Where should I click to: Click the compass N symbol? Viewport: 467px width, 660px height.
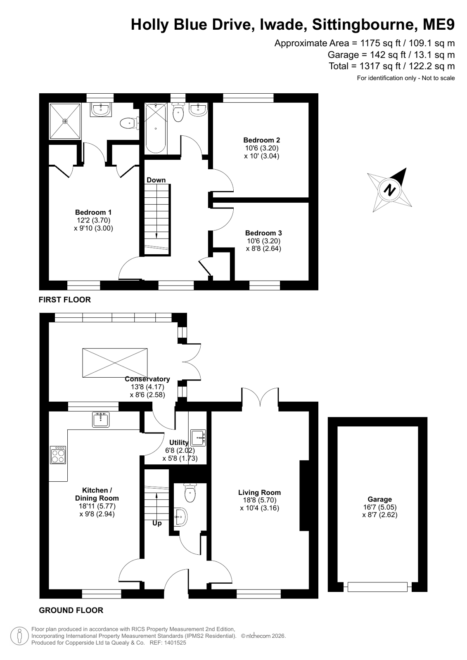click(x=389, y=190)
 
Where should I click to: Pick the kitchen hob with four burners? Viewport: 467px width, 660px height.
click(x=58, y=455)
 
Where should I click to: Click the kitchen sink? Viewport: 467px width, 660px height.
click(x=101, y=420)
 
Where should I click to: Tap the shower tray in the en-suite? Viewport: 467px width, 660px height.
click(x=64, y=121)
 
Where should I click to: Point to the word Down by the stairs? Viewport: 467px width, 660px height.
click(x=156, y=180)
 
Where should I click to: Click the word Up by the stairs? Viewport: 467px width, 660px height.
click(x=157, y=523)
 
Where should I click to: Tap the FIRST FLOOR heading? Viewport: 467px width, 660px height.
click(x=64, y=300)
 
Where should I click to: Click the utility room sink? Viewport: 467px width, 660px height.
click(x=198, y=437)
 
